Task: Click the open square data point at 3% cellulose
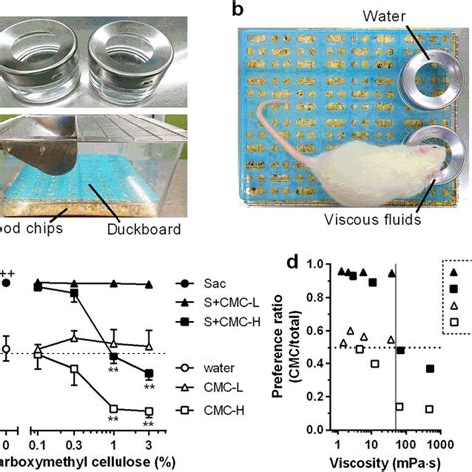[149, 411]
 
